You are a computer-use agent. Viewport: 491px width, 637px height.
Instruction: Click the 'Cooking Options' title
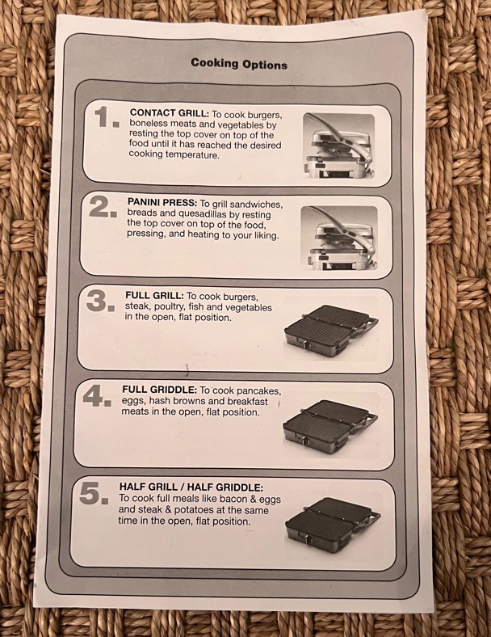[x=239, y=64]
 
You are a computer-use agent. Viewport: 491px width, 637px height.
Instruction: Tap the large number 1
[x=107, y=117]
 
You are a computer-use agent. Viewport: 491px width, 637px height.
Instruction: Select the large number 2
[x=103, y=207]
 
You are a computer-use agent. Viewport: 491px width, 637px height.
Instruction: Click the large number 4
[x=97, y=395]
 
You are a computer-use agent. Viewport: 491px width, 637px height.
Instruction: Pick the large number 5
[x=94, y=494]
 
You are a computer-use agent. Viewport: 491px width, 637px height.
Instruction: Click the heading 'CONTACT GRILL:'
[x=170, y=113]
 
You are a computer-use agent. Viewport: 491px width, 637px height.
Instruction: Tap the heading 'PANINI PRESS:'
[x=162, y=202]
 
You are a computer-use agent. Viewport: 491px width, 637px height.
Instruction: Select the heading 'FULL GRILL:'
[x=154, y=295]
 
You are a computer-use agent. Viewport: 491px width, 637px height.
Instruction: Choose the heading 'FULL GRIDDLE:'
[x=159, y=390]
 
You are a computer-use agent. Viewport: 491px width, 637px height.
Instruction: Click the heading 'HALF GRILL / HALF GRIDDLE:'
[x=191, y=487]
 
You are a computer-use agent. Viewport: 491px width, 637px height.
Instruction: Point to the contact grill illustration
[x=338, y=146]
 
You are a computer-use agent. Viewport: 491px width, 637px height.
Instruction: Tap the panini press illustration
[x=339, y=238]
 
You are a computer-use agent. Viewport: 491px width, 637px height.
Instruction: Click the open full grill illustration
[x=332, y=331]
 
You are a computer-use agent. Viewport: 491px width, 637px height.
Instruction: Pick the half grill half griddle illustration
[x=333, y=523]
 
